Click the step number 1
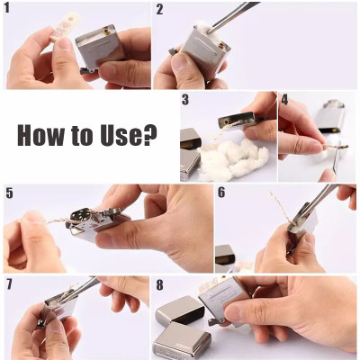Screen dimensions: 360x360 click(x=8, y=10)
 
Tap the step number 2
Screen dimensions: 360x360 click(x=159, y=10)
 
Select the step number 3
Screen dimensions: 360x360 click(x=185, y=100)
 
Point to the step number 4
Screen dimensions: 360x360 click(x=284, y=100)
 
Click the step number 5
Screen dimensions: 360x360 click(x=8, y=193)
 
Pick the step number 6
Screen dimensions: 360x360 click(x=220, y=193)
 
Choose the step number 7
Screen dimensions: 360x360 click(x=8, y=283)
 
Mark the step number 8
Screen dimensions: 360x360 click(x=158, y=285)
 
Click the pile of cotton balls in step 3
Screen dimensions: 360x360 click(x=236, y=159)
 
